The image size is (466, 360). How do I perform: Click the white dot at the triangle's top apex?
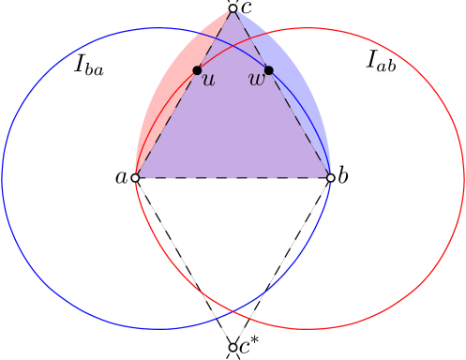[233, 8]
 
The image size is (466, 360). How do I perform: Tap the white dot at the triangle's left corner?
[135, 177]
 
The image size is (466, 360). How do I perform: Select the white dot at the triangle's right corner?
[330, 177]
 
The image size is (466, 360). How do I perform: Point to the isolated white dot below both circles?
[233, 347]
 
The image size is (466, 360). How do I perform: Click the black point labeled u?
[197, 70]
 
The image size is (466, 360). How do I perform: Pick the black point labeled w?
[268, 70]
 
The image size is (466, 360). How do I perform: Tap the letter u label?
[208, 81]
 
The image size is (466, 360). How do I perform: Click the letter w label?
[256, 81]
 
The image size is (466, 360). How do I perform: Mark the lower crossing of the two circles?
[233, 308]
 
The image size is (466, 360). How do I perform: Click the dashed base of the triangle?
[233, 177]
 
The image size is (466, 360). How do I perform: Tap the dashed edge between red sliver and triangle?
[184, 93]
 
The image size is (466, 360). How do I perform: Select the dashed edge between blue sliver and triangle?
[281, 93]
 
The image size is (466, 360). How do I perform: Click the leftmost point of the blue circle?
[2, 178]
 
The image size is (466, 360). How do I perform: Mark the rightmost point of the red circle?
[463, 178]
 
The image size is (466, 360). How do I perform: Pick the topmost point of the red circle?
[308, 28]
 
